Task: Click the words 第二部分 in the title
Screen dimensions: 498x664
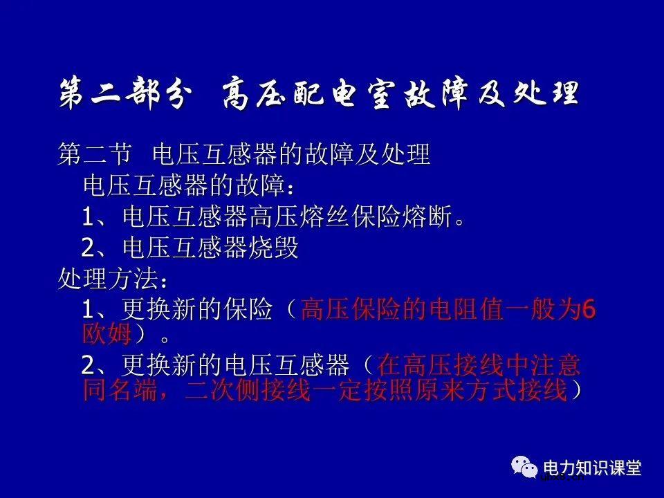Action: (122, 94)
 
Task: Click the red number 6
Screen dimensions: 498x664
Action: (589, 309)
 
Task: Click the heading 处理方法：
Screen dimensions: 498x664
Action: (111, 279)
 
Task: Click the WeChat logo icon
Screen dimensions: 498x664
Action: (524, 467)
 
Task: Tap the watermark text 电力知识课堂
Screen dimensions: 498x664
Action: (593, 467)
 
